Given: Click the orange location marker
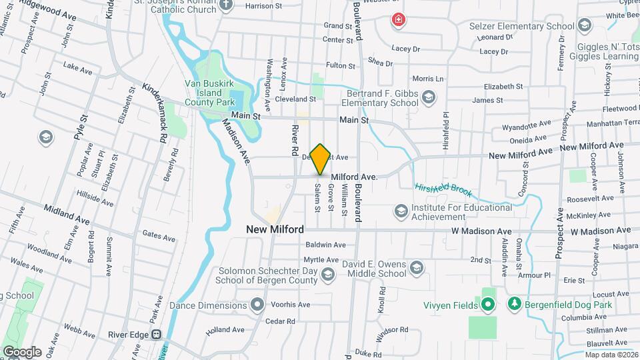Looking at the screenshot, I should pyautogui.click(x=320, y=159).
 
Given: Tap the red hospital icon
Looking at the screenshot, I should pyautogui.click(x=399, y=21).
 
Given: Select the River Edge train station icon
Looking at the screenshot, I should pyautogui.click(x=157, y=334).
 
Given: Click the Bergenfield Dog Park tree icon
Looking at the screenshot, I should pyautogui.click(x=514, y=305).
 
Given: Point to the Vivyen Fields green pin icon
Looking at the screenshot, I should pyautogui.click(x=487, y=305).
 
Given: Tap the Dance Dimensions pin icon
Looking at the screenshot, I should pyautogui.click(x=258, y=305).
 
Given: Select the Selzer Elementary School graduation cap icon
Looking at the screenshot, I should pyautogui.click(x=585, y=26).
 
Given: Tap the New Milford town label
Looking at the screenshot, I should pyautogui.click(x=275, y=229).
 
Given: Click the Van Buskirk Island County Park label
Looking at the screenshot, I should pyautogui.click(x=210, y=93).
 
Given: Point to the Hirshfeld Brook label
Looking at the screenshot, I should pyautogui.click(x=443, y=189).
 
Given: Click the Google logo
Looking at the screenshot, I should pyautogui.click(x=21, y=351).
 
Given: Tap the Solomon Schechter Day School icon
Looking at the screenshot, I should pyautogui.click(x=327, y=274).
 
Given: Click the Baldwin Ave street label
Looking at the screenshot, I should pyautogui.click(x=325, y=245).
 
